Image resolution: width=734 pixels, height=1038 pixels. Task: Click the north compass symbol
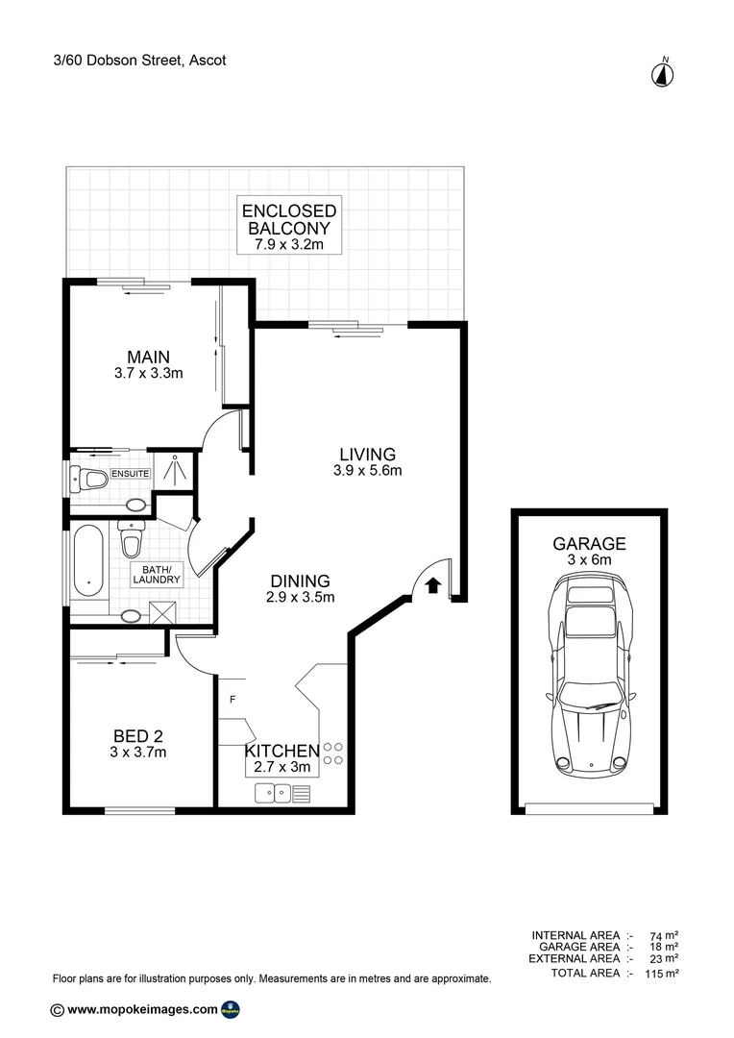click(x=664, y=73)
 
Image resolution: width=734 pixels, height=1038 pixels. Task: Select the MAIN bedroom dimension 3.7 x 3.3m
click(x=141, y=374)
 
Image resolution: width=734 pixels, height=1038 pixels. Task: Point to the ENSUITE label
click(x=130, y=473)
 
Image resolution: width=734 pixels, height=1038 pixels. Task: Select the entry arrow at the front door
click(x=432, y=583)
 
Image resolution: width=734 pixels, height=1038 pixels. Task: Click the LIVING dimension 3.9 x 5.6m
click(x=367, y=471)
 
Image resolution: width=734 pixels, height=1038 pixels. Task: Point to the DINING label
click(x=300, y=581)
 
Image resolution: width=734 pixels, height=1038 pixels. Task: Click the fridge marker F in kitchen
click(x=231, y=699)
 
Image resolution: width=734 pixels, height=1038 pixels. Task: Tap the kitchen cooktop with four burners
click(x=332, y=754)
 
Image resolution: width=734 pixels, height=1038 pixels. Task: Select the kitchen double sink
click(x=273, y=793)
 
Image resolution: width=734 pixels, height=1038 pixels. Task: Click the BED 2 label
click(x=138, y=735)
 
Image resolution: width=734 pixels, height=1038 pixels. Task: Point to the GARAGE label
click(x=589, y=543)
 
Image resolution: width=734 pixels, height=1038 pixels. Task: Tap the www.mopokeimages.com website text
click(x=142, y=1009)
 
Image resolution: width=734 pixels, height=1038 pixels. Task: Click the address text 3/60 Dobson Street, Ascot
click(x=139, y=60)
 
